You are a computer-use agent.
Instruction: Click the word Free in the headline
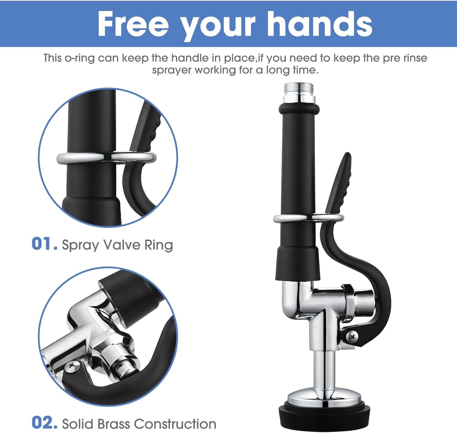point(133,24)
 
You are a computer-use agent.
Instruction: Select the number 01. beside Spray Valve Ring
point(44,244)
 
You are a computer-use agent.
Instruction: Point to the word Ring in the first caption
point(158,245)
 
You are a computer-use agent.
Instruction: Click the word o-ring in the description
point(80,58)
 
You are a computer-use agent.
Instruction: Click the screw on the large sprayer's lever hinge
point(352,337)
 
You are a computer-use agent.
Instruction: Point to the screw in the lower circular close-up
point(71,366)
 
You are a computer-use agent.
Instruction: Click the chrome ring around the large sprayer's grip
point(308,218)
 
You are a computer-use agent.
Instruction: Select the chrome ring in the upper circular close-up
point(106,157)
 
